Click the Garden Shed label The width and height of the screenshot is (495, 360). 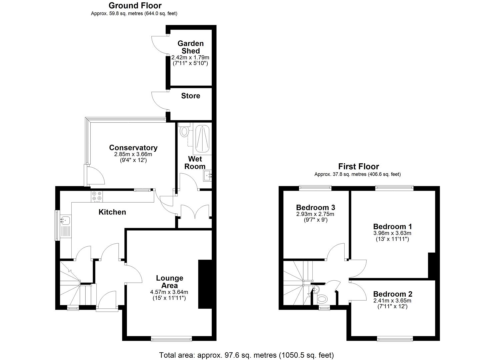(190, 47)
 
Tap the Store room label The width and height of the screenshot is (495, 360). (190, 96)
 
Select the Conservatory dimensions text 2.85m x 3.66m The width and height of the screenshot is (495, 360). (133, 154)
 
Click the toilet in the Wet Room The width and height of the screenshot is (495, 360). (184, 132)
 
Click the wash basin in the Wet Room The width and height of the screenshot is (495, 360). (208, 175)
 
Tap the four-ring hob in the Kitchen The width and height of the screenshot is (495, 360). (97, 197)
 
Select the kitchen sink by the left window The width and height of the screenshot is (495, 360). (65, 220)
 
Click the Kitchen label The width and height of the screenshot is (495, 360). (112, 212)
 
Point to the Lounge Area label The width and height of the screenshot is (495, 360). (170, 282)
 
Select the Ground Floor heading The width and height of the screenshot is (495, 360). (135, 6)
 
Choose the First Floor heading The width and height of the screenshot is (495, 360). (358, 166)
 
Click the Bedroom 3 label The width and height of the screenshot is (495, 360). (315, 207)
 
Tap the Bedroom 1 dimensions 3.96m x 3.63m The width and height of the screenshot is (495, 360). (392, 233)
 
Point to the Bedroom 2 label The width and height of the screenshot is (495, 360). (392, 294)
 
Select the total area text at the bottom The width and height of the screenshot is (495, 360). (246, 355)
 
